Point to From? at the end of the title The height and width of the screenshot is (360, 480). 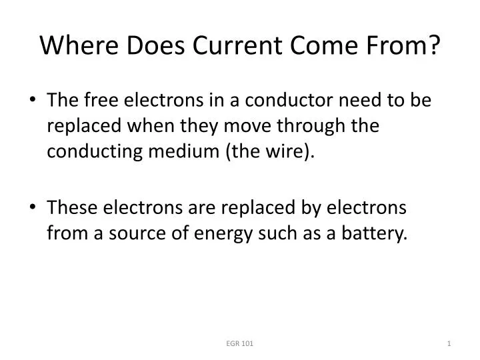click(x=409, y=45)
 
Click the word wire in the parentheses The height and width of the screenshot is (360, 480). click(x=285, y=152)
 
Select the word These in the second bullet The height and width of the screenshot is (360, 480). click(x=71, y=208)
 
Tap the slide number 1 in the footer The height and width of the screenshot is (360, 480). click(x=450, y=343)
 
